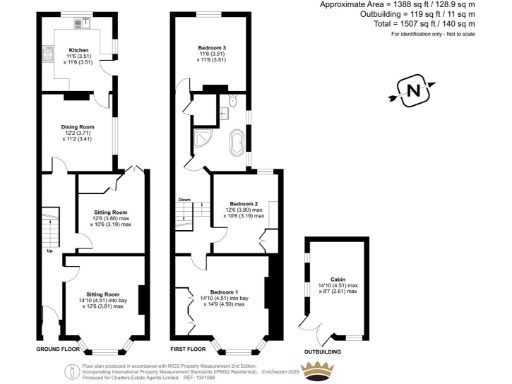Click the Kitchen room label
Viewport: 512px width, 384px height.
[x=79, y=49]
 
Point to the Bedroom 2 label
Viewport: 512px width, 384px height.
[x=243, y=204]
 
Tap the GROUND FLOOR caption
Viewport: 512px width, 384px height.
[x=58, y=350]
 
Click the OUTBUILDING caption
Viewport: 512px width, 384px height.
[x=326, y=350]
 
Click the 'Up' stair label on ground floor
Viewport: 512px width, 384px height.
[x=50, y=251]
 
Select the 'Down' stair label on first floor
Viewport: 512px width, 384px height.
[x=185, y=199]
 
